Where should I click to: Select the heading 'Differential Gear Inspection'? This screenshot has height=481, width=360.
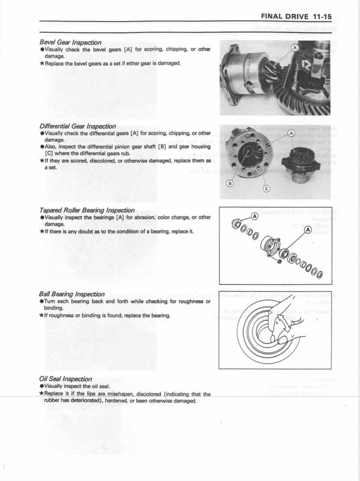[x=78, y=126]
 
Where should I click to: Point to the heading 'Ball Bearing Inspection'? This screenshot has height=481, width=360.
[x=72, y=294]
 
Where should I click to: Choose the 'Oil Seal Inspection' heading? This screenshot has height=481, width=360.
[x=66, y=379]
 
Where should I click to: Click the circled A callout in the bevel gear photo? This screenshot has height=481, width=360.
[x=294, y=47]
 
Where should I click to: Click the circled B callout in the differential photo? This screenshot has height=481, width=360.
[x=228, y=182]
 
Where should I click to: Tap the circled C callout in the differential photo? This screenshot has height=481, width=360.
[x=267, y=189]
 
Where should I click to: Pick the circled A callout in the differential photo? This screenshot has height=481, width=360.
[x=292, y=133]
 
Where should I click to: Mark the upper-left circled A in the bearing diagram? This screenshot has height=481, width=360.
[x=254, y=215]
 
